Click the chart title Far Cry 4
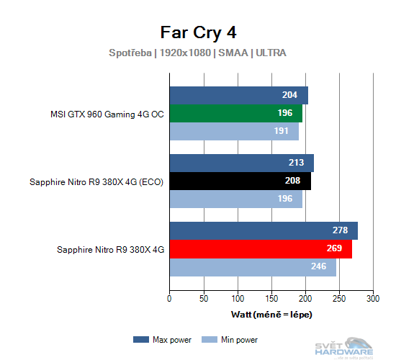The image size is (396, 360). coord(198,32)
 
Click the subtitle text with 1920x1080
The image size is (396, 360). coord(198,53)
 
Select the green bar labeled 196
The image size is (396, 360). coord(235,114)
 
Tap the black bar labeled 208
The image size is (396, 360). coord(240,181)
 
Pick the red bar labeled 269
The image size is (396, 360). coord(261,249)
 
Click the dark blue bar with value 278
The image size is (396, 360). coord(264,231)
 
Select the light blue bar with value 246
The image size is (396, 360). coord(253,267)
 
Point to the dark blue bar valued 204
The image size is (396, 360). coord(238,96)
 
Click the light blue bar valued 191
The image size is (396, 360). coord(234,132)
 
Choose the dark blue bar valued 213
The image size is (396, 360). coord(241,163)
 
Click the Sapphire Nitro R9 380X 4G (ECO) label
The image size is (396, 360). coord(96,181)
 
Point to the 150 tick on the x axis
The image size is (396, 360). coord(271,298)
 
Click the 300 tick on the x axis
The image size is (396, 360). coord(373,298)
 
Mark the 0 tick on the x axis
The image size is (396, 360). coord(169,298)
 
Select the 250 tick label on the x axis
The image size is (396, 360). coord(339,298)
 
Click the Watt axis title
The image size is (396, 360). coord(271,315)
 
